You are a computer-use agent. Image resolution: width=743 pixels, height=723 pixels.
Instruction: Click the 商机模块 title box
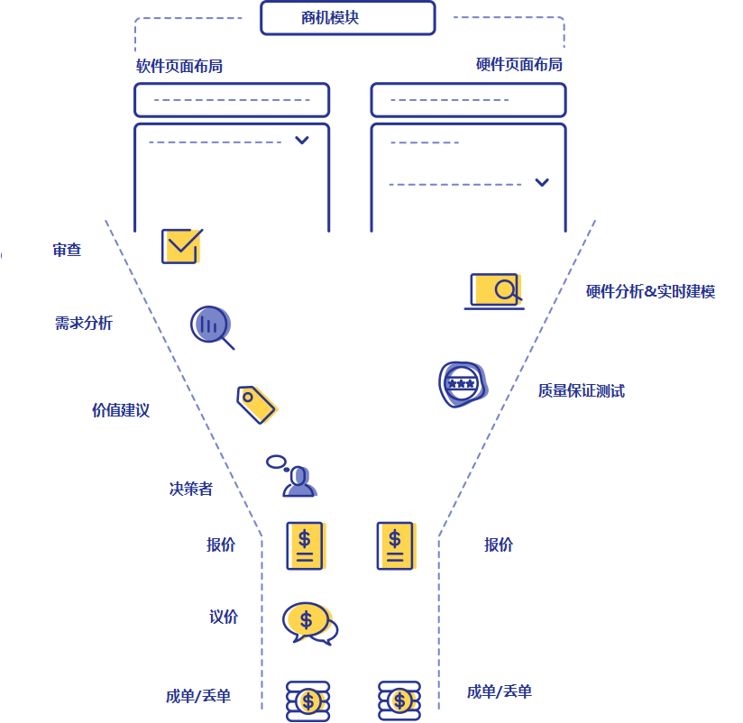[x=347, y=18]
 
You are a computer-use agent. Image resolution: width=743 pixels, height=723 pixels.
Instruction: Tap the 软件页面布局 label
[x=179, y=66]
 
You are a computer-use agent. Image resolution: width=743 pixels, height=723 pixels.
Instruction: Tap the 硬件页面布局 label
[x=518, y=65]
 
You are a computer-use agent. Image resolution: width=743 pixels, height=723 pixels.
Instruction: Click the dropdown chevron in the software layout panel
[x=303, y=140]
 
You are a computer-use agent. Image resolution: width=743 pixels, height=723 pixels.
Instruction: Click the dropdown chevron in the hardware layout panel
[x=541, y=182]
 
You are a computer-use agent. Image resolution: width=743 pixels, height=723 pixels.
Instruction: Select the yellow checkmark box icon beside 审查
[x=180, y=245]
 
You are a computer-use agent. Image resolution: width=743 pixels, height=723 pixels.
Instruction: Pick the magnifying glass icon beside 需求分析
[x=212, y=326]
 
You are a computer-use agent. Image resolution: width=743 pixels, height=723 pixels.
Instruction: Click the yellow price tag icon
[x=256, y=403]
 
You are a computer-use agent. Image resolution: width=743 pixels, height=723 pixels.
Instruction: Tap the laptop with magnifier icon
[x=494, y=291]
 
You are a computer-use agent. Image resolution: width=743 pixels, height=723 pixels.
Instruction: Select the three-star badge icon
[x=462, y=385]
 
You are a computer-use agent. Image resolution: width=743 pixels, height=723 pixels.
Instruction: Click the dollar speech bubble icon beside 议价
[x=309, y=622]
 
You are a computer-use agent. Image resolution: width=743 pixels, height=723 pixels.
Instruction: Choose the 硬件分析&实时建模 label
[x=650, y=291]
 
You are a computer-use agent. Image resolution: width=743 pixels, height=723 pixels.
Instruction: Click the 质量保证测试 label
[x=581, y=390]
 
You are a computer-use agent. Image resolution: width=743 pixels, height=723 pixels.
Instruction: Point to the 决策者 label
[x=191, y=489]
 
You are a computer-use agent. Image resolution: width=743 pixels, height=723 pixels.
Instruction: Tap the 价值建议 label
[x=121, y=410]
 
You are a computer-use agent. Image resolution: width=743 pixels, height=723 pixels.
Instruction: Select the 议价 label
[x=224, y=617]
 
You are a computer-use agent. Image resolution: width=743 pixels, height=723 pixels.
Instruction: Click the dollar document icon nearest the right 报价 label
[x=395, y=545]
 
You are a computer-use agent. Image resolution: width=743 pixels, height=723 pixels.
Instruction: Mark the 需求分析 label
[x=84, y=323]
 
